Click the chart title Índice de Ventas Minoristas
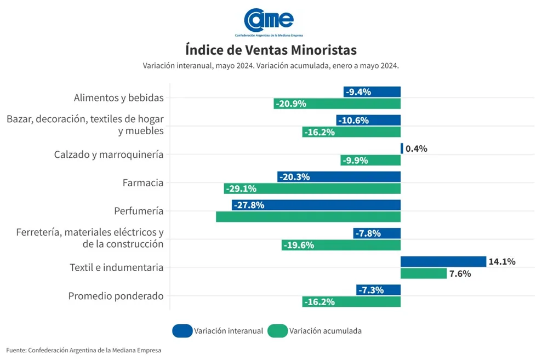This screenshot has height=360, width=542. tap(271, 50)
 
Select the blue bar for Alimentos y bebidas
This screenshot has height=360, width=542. tap(372, 92)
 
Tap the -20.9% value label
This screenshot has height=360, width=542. tap(291, 104)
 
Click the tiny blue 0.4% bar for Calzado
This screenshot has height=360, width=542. tap(402, 148)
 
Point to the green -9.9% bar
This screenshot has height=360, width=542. tap(370, 161)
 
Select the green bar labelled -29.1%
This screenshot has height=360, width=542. tap(312, 188)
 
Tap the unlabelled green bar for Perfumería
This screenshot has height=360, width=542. tap(308, 216)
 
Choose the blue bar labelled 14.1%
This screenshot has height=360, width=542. tap(443, 261)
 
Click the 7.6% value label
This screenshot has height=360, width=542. tap(460, 273)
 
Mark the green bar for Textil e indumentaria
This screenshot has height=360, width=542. tap(423, 273)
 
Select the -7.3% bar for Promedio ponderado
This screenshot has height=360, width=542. tap(378, 290)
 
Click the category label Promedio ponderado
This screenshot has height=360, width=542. tap(116, 296)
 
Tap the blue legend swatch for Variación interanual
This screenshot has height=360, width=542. tap(182, 331)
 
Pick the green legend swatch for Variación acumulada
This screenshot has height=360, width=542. tap(277, 331)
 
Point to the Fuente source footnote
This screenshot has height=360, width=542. tap(84, 350)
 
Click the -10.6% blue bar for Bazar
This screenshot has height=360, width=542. tap(368, 120)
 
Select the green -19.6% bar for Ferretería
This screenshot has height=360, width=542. tap(341, 245)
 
